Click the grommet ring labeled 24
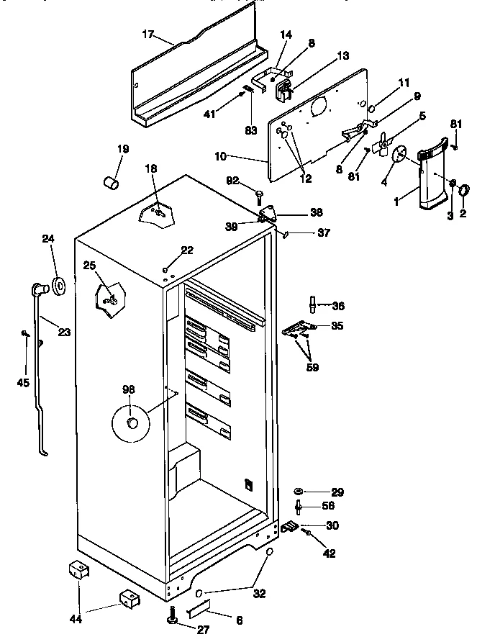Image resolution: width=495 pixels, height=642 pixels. tap(58, 286)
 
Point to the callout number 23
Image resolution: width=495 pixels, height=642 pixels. tap(64, 333)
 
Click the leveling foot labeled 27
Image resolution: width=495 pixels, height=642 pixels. tap(173, 619)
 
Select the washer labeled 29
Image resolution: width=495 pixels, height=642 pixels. tap(299, 492)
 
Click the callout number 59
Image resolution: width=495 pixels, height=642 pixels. tap(312, 367)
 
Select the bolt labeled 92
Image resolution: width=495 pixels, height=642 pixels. tap(258, 194)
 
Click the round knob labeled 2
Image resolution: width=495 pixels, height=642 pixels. tap(464, 189)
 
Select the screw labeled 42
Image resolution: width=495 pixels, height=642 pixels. tap(308, 533)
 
